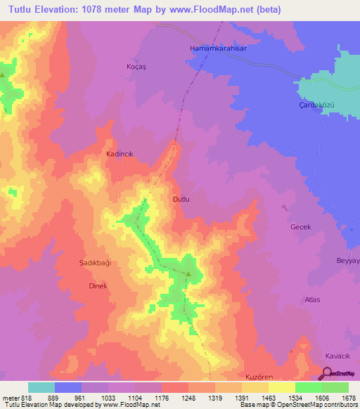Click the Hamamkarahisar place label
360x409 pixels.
tap(217, 48)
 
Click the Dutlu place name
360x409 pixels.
tap(181, 200)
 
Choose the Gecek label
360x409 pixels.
tap(300, 228)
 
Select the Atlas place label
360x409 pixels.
tap(312, 299)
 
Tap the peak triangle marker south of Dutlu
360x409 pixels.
tap(188, 274)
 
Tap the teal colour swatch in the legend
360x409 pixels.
tap(41, 387)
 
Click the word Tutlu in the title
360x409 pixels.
tap(20, 11)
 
